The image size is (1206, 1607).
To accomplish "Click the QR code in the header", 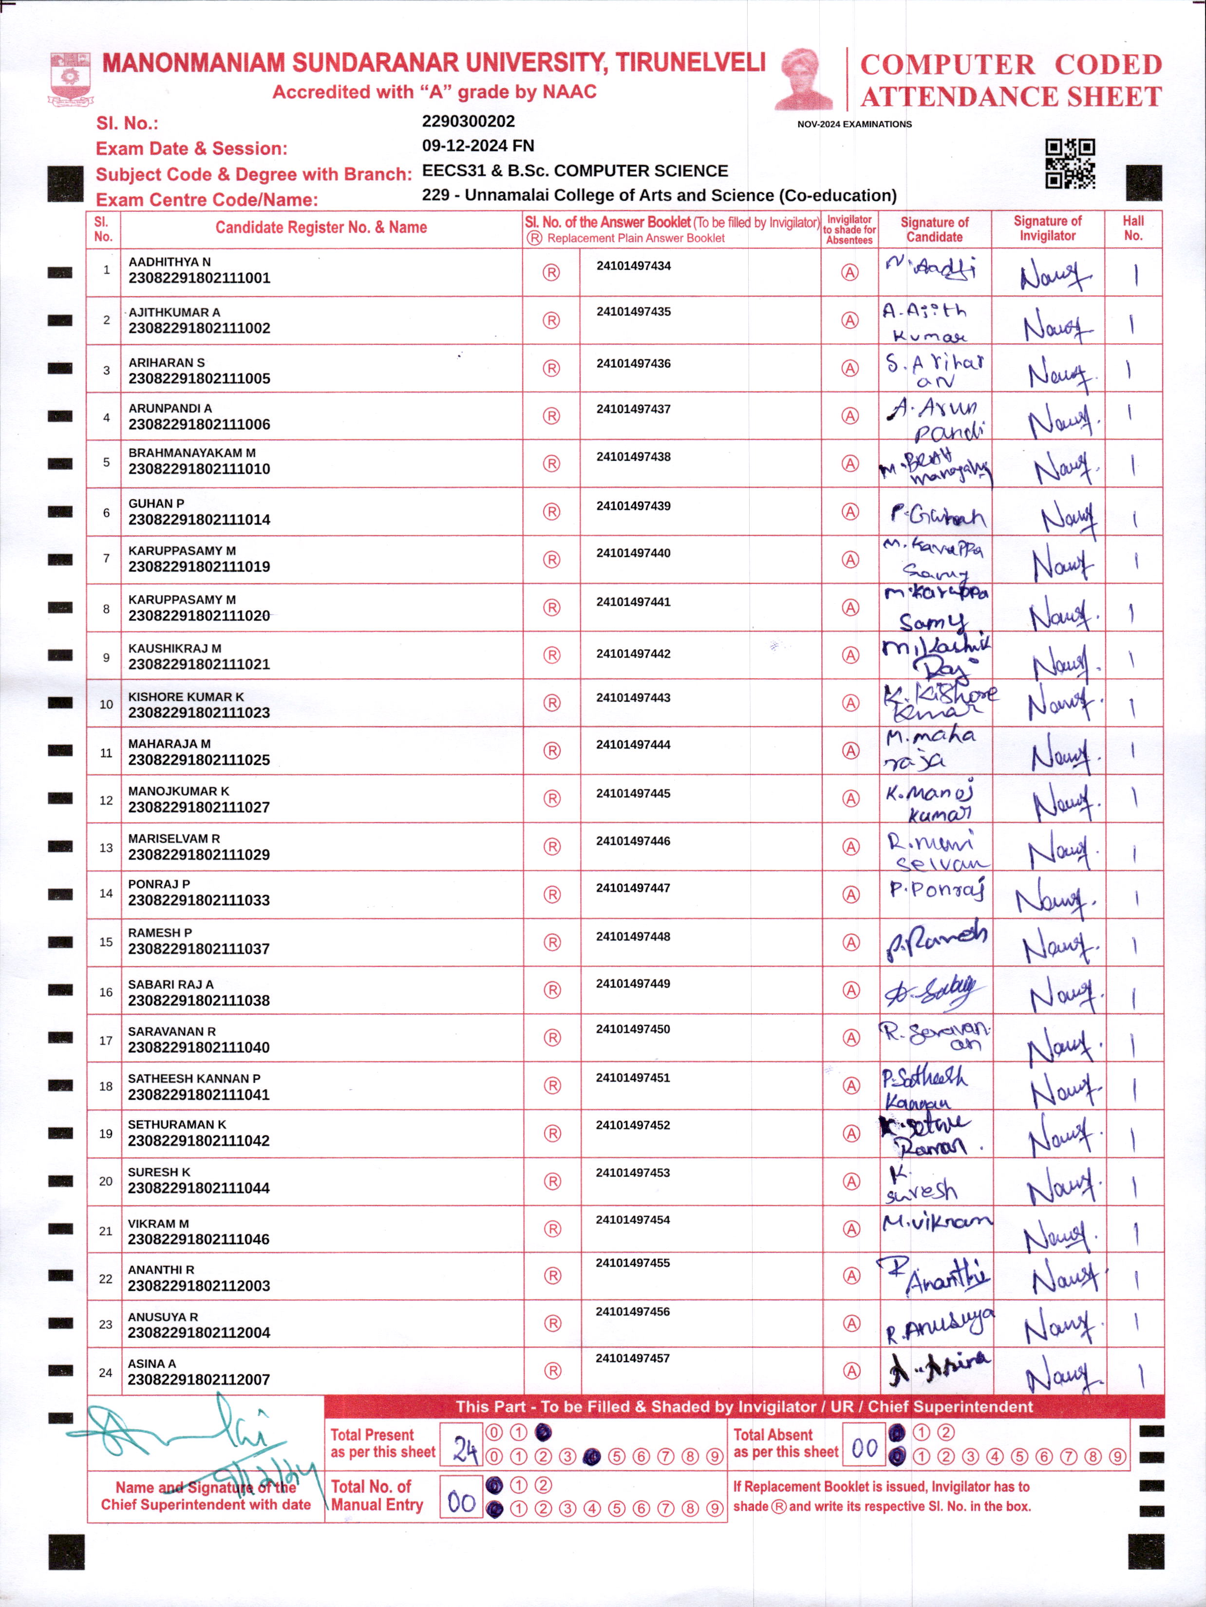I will [x=1070, y=164].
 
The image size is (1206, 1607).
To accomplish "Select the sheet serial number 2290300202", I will [x=468, y=121].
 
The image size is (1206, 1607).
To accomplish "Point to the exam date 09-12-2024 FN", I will [x=477, y=145].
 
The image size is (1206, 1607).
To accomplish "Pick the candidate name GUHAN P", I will [x=156, y=504].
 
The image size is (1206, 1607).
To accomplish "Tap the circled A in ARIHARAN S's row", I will [x=849, y=368].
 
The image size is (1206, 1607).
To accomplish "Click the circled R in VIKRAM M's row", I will [x=552, y=1229].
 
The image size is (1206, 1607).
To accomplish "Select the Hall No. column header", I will [x=1132, y=228].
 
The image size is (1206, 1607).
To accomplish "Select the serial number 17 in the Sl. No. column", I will [x=105, y=1040].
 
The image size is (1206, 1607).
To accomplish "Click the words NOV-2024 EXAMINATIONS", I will [x=854, y=124].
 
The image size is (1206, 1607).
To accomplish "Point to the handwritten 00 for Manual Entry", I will [x=461, y=1501].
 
